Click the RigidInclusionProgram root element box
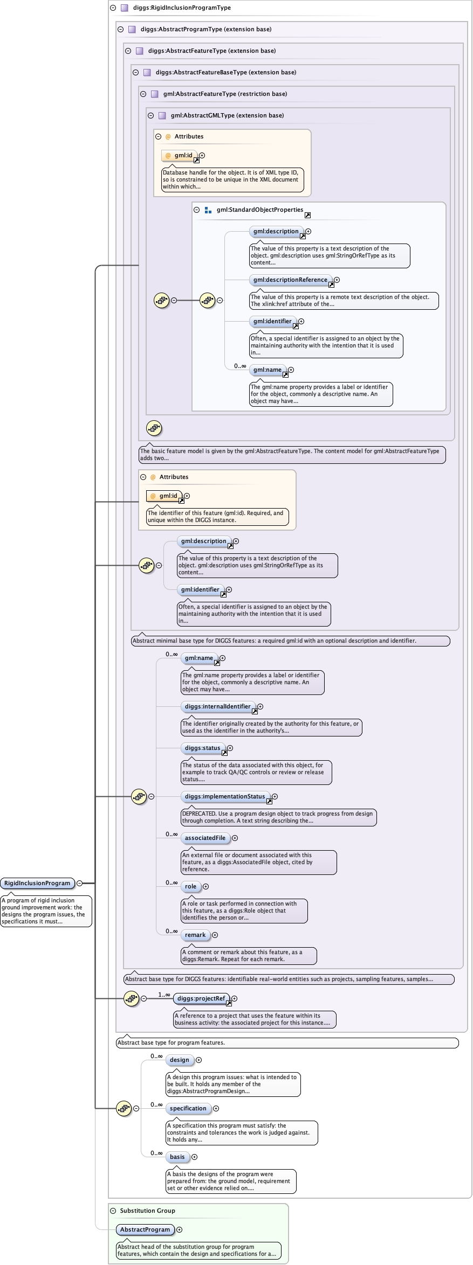click(x=38, y=883)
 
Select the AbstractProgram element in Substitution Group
click(x=145, y=1229)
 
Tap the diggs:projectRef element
click(x=201, y=998)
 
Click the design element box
click(x=180, y=1060)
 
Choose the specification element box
click(x=188, y=1108)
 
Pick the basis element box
click(x=177, y=1157)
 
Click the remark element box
click(x=195, y=935)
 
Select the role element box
click(x=191, y=886)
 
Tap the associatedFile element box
click(x=205, y=838)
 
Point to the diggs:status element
click(x=203, y=748)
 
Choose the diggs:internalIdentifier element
click(x=218, y=706)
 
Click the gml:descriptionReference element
click(x=291, y=280)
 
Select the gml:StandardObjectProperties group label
click(x=260, y=210)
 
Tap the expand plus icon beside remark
click(x=215, y=935)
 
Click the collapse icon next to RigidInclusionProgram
click(x=80, y=883)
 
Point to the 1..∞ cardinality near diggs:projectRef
click(x=164, y=995)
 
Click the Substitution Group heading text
click(x=148, y=1211)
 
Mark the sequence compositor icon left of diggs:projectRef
click(x=131, y=998)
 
